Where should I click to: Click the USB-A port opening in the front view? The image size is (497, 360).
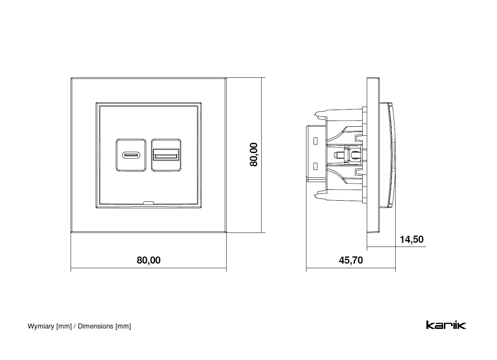tap(166, 155)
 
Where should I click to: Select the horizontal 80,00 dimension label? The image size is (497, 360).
tap(148, 260)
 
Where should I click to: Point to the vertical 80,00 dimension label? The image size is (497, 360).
tap(254, 154)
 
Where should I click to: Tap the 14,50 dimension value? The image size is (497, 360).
tap(412, 239)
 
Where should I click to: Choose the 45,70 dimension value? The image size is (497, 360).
tap(350, 260)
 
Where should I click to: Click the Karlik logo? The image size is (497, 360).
tap(446, 325)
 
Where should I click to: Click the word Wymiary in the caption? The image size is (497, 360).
tap(41, 326)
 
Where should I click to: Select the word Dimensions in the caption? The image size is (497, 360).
tap(95, 326)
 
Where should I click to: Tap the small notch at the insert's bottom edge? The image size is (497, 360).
tap(148, 203)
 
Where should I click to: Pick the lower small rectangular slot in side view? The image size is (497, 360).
tap(315, 166)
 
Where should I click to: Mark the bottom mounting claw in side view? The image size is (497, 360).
tap(319, 195)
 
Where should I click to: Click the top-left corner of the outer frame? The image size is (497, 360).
tap(72, 79)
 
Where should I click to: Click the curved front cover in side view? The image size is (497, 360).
tap(391, 155)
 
